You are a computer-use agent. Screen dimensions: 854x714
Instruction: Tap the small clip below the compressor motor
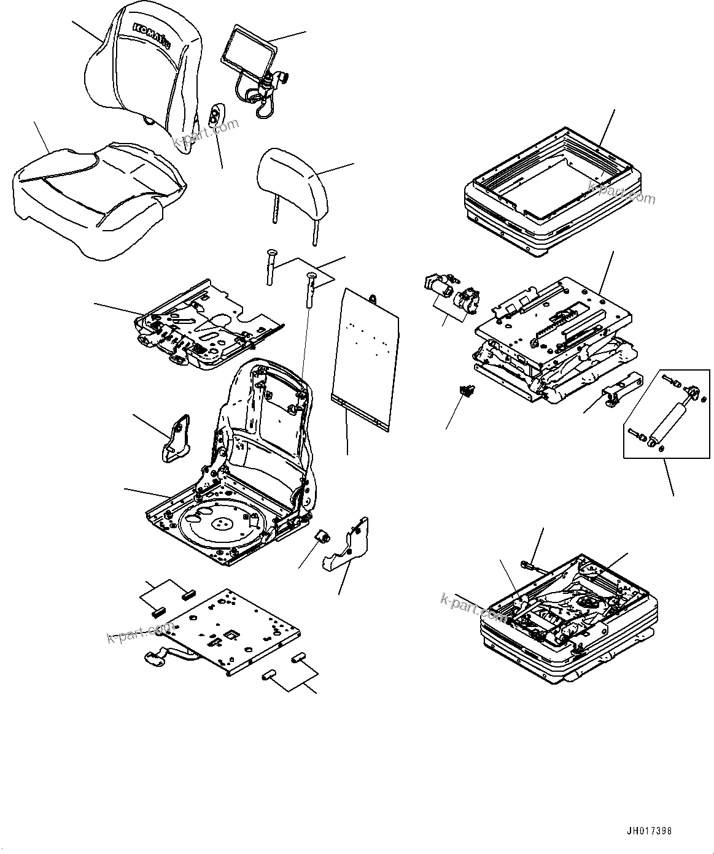point(468,390)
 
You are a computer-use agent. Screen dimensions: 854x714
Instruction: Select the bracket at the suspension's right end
point(620,390)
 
